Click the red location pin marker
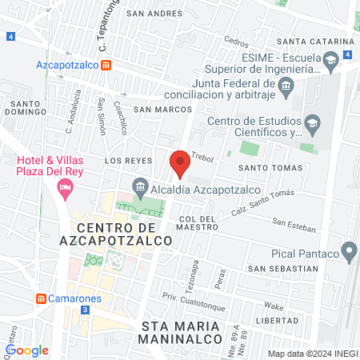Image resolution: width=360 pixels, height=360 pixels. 180,163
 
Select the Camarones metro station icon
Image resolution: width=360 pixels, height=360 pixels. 40,298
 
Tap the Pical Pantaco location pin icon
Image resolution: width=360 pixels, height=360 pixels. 349,253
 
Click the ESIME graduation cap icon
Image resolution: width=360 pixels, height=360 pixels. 330,59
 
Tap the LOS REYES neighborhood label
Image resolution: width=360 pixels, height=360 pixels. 128,161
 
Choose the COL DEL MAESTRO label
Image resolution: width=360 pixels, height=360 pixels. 198,222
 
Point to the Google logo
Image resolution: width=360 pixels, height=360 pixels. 27,350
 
